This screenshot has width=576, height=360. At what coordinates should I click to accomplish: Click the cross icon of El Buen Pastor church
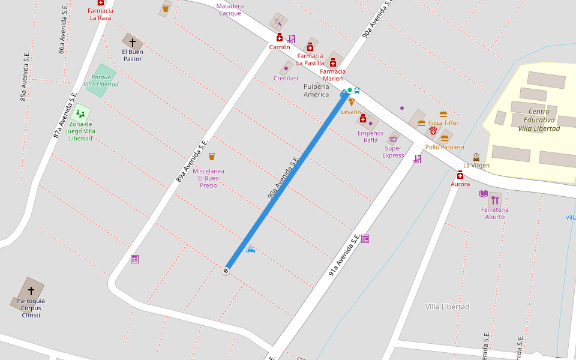click(133, 43)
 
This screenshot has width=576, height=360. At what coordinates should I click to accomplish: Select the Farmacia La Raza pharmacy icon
click(101, 3)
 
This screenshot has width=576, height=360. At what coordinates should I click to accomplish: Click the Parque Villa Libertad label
click(101, 81)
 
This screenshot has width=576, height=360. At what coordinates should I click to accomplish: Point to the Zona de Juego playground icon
click(80, 113)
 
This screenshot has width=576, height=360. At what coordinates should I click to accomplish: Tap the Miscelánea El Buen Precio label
click(208, 178)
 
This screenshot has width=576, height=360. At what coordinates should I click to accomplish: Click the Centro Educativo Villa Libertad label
click(539, 120)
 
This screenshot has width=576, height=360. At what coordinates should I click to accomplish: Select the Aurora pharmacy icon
click(460, 175)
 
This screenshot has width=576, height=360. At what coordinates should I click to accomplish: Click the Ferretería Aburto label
click(495, 213)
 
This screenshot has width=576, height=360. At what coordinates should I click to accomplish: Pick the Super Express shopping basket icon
click(394, 139)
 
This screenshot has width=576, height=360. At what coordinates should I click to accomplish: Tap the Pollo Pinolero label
click(445, 147)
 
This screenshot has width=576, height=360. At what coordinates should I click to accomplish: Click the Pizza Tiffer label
click(443, 123)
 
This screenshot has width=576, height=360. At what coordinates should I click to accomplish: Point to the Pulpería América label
click(316, 90)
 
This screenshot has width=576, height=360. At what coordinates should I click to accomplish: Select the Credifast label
click(286, 78)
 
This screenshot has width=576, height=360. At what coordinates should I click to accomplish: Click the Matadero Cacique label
click(230, 10)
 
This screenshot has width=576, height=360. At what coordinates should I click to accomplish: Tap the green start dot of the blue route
click(350, 90)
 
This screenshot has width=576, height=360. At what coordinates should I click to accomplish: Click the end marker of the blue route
click(226, 271)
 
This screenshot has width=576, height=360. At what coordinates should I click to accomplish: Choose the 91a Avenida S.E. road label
click(344, 255)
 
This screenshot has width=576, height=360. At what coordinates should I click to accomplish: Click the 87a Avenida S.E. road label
click(65, 115)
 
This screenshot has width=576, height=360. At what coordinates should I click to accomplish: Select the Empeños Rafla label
click(370, 136)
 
